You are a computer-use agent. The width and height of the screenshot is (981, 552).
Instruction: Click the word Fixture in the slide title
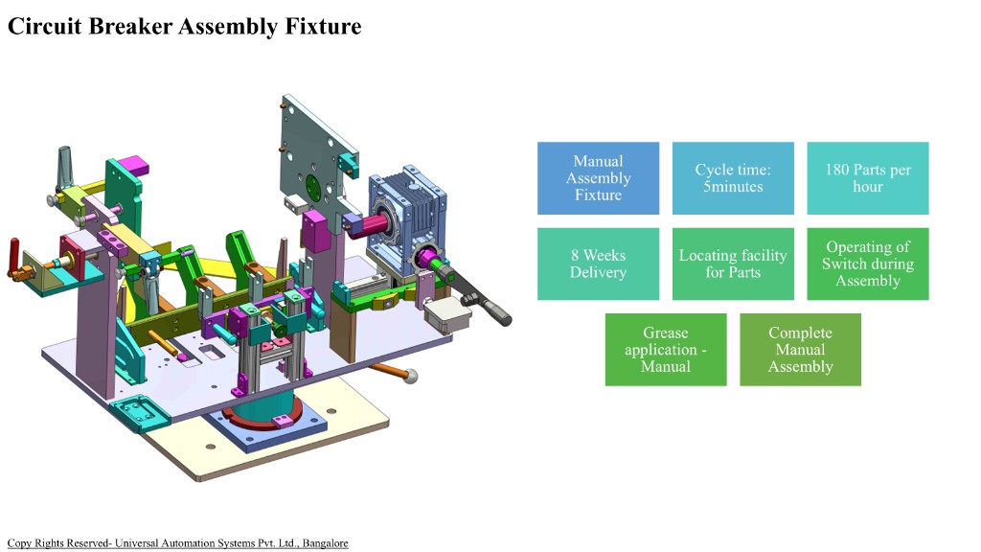(x=323, y=26)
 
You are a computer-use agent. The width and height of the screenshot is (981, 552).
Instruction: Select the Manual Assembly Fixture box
(x=598, y=178)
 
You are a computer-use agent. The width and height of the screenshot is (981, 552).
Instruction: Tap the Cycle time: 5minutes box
(x=733, y=178)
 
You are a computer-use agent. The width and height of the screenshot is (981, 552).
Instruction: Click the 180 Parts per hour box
(x=868, y=178)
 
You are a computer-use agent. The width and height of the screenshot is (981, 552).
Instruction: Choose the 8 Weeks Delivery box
(x=598, y=264)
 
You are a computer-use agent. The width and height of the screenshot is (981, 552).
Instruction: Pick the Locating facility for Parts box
(x=733, y=264)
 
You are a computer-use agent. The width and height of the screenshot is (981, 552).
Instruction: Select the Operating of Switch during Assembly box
(x=868, y=264)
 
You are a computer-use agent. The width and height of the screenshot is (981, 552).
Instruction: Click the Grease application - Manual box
(x=666, y=350)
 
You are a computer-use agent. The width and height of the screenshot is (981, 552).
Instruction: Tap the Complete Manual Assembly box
(x=800, y=350)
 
